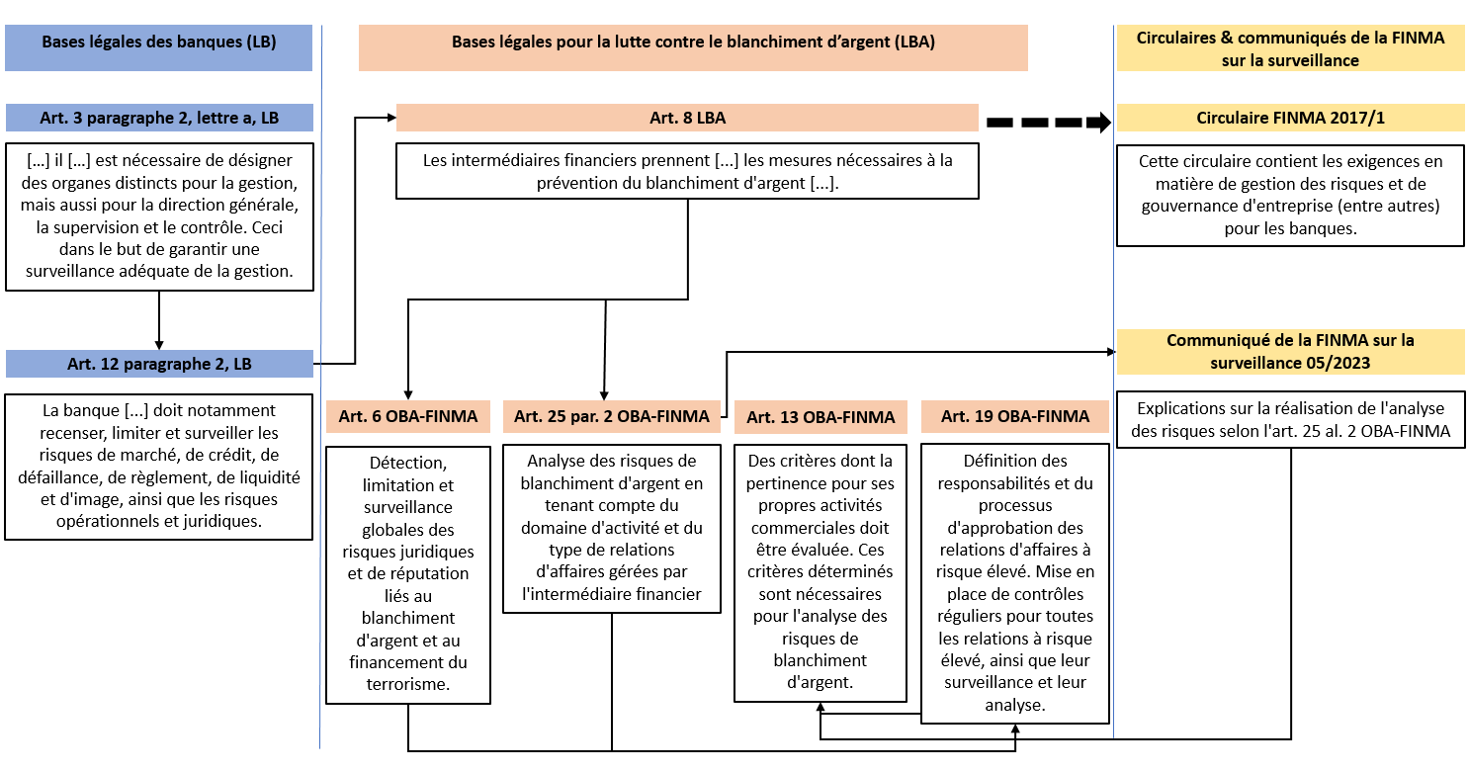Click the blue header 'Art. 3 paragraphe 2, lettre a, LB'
159,118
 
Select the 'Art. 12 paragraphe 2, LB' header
159,364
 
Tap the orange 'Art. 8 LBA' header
687,118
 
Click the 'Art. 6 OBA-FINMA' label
408,416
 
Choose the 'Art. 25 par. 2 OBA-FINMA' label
612,416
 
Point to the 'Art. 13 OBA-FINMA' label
820,417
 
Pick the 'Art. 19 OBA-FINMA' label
1015,416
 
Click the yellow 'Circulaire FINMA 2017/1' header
1290,118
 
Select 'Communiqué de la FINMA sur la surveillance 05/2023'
1290,352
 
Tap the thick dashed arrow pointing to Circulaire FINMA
1049,123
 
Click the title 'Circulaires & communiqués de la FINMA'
1290,47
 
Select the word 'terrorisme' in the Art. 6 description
407,685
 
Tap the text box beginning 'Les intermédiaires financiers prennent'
687,171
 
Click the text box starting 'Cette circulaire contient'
1290,196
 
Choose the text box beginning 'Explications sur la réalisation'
1290,419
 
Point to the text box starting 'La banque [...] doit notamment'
158,467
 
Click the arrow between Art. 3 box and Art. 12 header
159,320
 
